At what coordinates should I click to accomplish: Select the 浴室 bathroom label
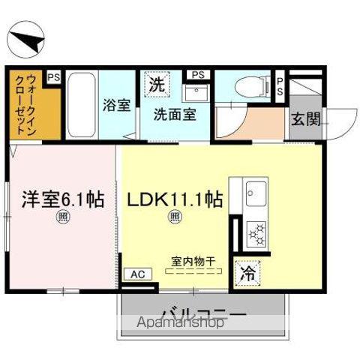click(115, 105)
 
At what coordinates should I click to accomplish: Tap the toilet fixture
click(249, 88)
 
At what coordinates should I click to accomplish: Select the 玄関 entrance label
click(305, 118)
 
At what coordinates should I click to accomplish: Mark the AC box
click(139, 274)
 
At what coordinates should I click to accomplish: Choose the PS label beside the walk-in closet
click(53, 76)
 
